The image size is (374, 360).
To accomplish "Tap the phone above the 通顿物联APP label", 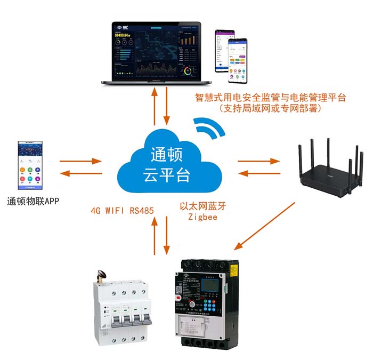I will click(30, 166).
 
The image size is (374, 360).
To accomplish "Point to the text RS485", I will click(142, 210).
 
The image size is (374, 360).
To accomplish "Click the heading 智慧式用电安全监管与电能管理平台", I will click(271, 97).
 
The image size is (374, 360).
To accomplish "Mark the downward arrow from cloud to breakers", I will click(167, 235).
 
